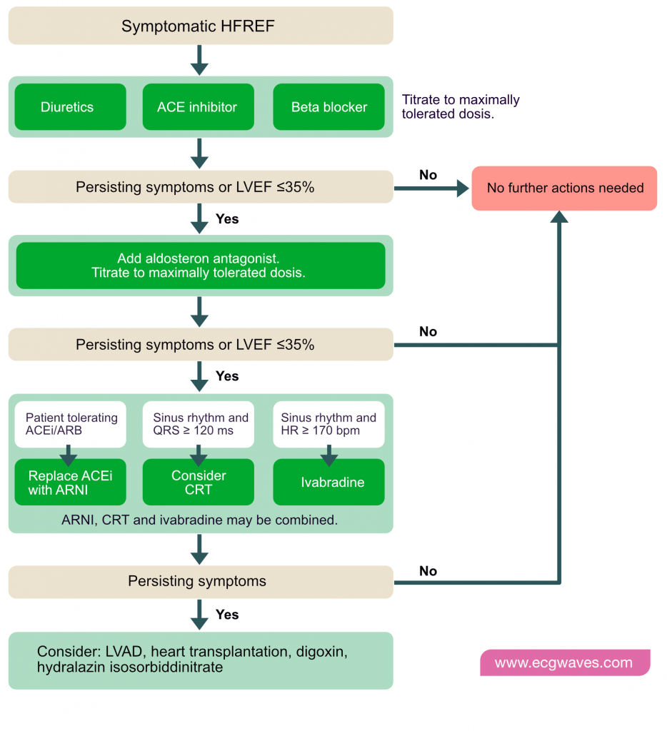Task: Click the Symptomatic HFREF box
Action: coord(201,26)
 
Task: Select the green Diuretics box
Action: coord(71,107)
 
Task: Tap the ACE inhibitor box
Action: coord(199,107)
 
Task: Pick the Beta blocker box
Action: coord(329,107)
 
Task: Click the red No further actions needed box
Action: coord(564,188)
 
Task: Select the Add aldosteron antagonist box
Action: coord(201,266)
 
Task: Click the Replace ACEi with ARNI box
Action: coord(71,482)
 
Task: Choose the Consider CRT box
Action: coord(199,482)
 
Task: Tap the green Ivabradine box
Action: coord(329,482)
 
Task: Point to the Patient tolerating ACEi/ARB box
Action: coord(71,424)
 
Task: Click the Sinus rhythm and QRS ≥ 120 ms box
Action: coord(199,424)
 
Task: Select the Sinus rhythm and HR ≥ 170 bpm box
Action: coord(329,424)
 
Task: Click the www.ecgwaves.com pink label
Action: coord(565,662)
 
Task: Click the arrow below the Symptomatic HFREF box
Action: coord(199,60)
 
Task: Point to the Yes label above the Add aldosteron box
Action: coord(227,219)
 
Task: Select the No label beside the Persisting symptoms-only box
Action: coord(428,571)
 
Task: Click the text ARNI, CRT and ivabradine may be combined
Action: coord(200,520)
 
